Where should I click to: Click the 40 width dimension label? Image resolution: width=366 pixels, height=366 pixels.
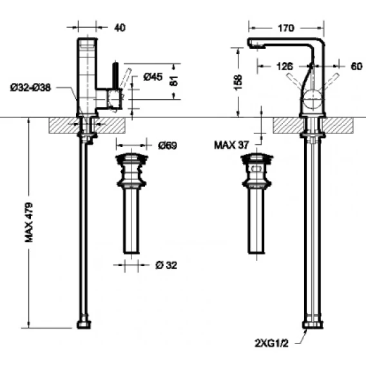[120, 28]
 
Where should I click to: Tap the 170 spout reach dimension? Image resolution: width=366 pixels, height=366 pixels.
[286, 28]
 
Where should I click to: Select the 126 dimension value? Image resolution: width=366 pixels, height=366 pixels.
[285, 66]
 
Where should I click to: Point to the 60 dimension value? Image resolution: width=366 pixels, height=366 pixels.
[356, 66]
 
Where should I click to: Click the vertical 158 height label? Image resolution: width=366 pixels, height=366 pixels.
[238, 82]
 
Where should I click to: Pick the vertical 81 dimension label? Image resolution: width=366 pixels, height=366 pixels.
[175, 81]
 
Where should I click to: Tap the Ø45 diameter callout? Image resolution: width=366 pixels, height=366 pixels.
[153, 77]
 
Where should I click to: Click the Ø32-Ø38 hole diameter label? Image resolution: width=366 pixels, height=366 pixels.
[30, 88]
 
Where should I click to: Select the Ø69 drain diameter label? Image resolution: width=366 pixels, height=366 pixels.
[168, 146]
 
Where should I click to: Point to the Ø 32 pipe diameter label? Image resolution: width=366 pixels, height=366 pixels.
[166, 265]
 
